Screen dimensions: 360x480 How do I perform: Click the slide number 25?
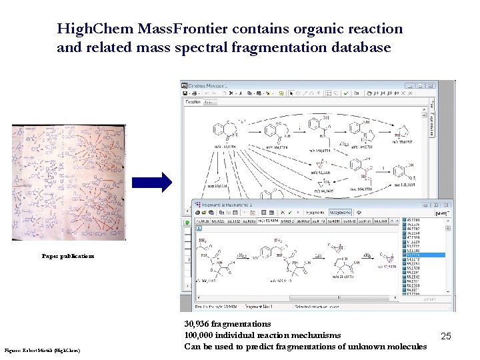[x=446, y=337]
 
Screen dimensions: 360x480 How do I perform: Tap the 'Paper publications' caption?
[x=68, y=256]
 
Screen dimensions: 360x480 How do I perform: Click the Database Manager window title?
[x=209, y=85]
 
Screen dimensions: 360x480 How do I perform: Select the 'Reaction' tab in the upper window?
[x=193, y=102]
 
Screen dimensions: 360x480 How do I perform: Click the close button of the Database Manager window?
[x=431, y=85]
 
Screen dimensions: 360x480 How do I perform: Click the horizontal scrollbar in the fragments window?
[x=293, y=298]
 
